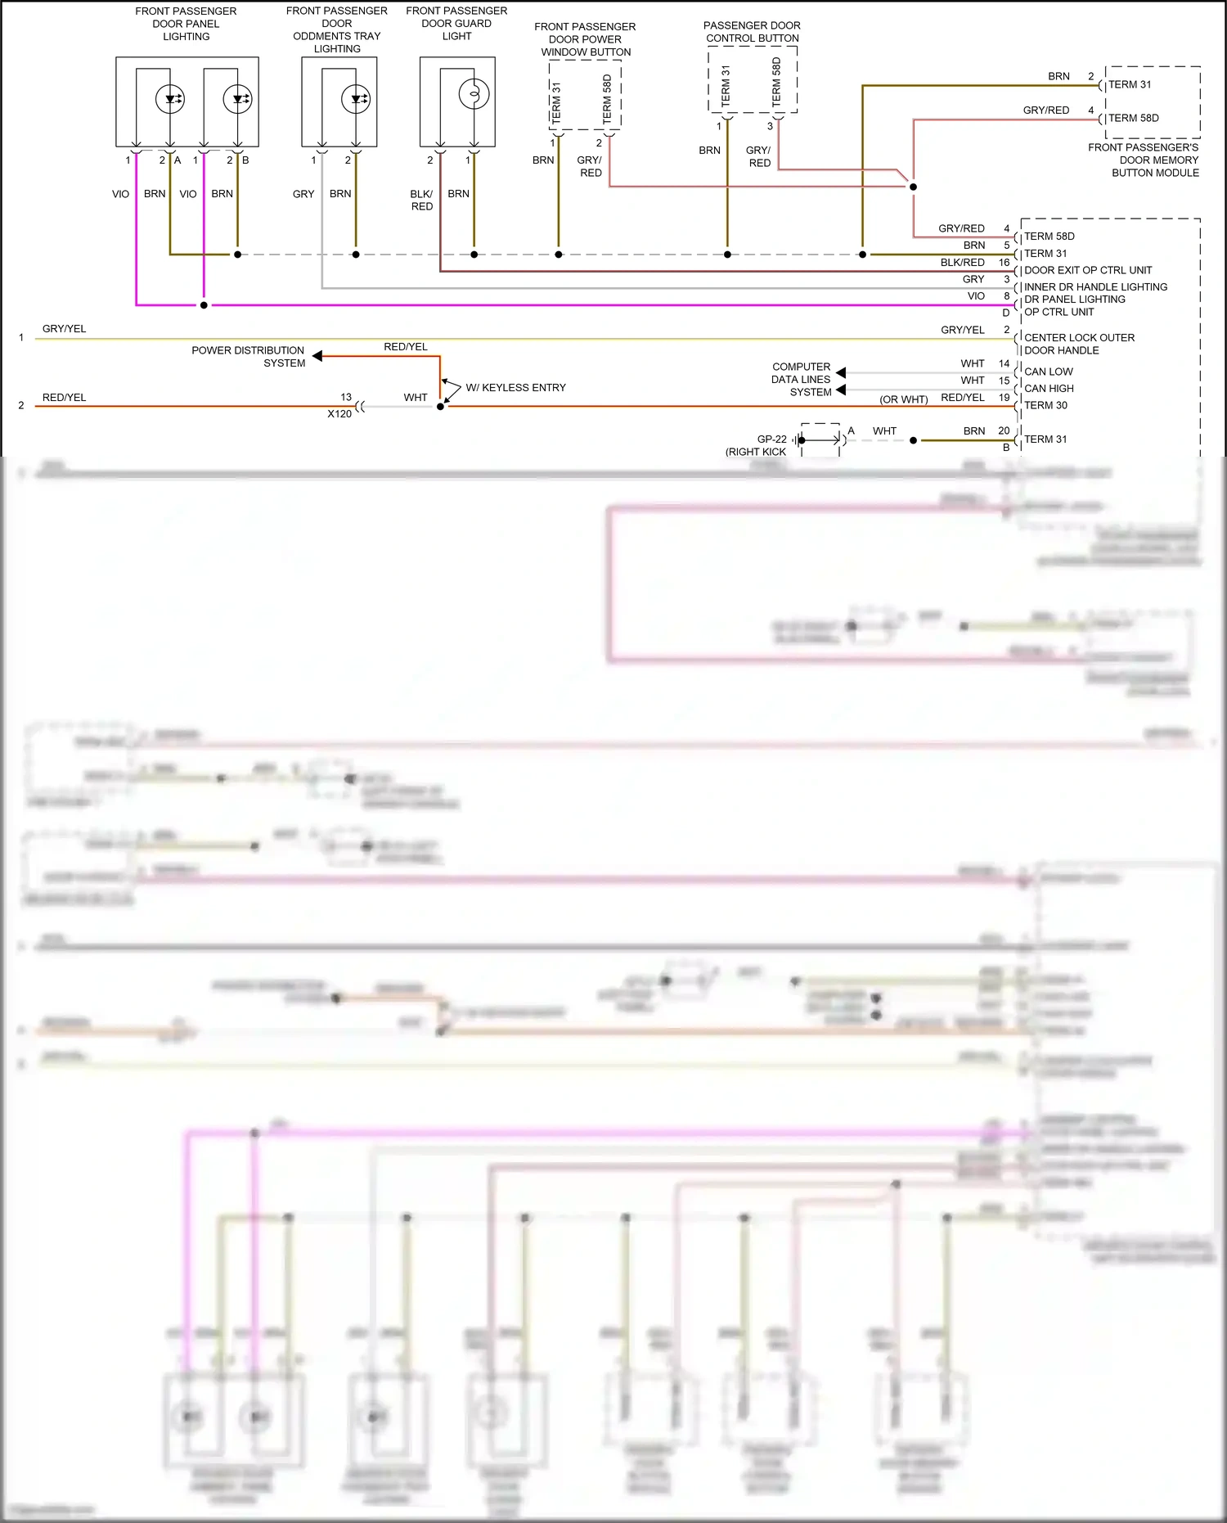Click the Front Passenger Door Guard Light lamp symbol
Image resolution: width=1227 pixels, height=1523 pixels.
click(x=474, y=94)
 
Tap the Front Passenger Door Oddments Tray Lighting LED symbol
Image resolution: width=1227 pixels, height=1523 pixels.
click(x=356, y=99)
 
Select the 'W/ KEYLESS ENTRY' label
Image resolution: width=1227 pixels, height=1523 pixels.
click(x=515, y=387)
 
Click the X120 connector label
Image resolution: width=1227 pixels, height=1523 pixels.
click(x=339, y=414)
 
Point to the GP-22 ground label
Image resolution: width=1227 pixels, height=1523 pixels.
click(x=771, y=439)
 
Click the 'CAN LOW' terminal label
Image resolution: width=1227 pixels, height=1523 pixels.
click(x=1048, y=372)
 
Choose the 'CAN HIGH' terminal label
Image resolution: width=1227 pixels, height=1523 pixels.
click(x=1049, y=389)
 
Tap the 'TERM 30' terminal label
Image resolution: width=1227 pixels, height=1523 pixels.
click(x=1045, y=405)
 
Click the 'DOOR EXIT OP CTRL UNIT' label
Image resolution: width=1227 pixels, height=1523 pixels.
click(x=1088, y=270)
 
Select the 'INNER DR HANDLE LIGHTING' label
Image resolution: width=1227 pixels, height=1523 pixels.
click(x=1095, y=287)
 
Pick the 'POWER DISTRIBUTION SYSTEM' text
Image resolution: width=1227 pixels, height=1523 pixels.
click(x=248, y=357)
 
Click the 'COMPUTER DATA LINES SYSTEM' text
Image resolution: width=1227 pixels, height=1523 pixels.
click(x=801, y=380)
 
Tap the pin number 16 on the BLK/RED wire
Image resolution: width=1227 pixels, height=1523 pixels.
click(x=1004, y=263)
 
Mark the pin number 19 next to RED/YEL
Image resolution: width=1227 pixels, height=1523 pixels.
click(x=1004, y=397)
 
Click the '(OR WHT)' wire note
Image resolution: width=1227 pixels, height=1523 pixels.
click(x=903, y=399)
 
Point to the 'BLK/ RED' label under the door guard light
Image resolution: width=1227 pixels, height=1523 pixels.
click(x=421, y=201)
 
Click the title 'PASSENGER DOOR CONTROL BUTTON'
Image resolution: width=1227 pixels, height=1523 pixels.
click(x=753, y=32)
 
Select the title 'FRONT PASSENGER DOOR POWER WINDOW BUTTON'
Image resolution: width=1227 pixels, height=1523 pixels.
click(x=586, y=39)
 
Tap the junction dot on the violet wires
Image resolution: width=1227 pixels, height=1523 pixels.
click(x=204, y=305)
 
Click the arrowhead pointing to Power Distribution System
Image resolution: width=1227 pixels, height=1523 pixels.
click(x=317, y=356)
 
